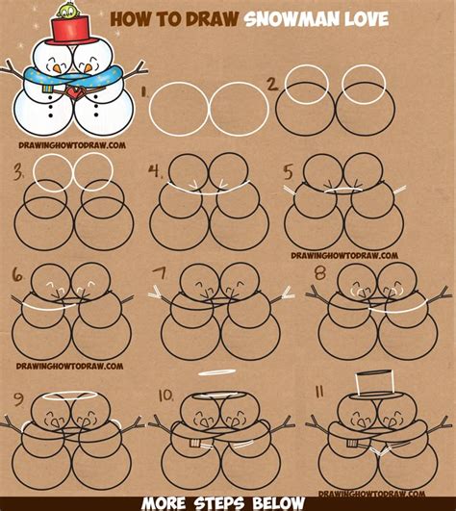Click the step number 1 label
pos(143,93)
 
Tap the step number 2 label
pos(272,84)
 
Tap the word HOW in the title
pos(134,18)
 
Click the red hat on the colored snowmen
pos(65,32)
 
